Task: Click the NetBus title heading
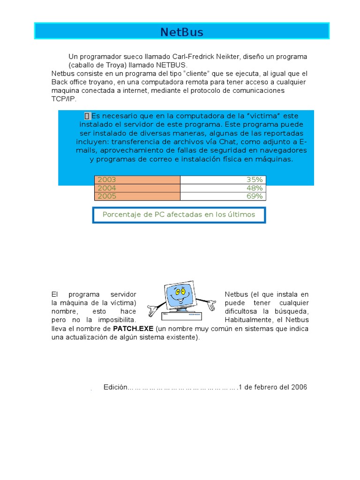[182, 32]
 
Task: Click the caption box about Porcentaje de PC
[179, 215]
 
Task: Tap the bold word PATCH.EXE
[133, 329]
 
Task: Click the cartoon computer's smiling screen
[178, 293]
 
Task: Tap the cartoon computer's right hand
[210, 305]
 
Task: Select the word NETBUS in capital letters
[171, 65]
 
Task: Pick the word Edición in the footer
[115, 387]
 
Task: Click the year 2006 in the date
[299, 387]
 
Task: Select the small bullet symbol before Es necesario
[87, 116]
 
